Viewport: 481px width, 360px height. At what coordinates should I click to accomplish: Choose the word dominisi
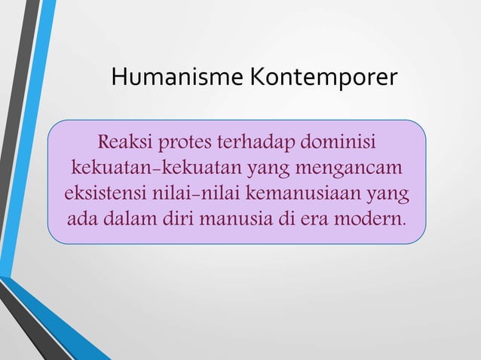click(x=339, y=142)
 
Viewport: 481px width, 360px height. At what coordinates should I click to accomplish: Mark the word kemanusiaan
click(x=292, y=194)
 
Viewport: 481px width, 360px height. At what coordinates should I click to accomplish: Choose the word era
click(x=318, y=219)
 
